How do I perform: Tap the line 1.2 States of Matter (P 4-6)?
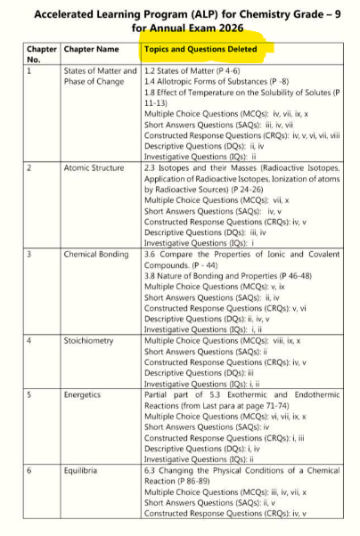click(x=189, y=70)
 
